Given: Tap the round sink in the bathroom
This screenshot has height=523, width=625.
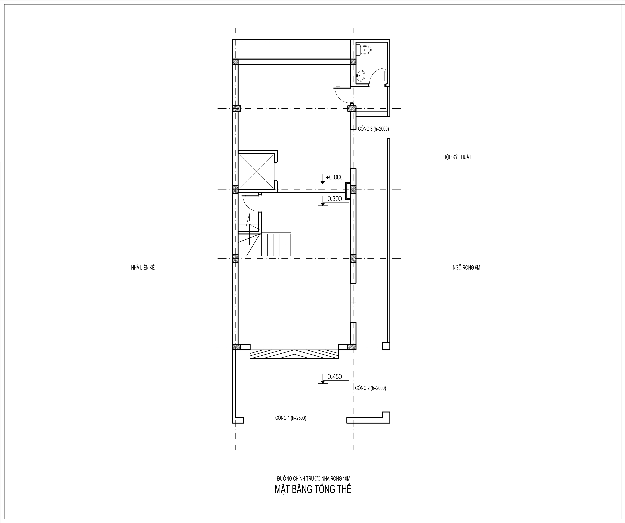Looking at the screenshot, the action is (361, 76).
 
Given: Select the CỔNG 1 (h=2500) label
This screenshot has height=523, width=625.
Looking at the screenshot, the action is (291, 418).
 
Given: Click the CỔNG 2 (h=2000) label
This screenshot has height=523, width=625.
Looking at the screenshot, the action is (371, 388).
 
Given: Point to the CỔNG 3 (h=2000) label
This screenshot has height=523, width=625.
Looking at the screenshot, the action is (373, 129).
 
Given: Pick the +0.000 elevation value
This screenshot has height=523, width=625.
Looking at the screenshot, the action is (334, 177).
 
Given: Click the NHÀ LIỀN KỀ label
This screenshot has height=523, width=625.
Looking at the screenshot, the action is (143, 268).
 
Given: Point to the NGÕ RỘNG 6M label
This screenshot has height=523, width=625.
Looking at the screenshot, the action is (466, 268).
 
